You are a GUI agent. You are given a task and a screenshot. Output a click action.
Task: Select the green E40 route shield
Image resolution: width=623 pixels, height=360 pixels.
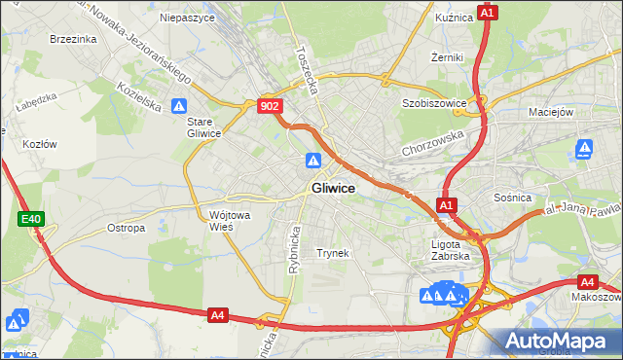tap(31, 220)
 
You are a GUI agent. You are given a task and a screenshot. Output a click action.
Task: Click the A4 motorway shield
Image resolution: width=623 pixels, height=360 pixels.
tap(218, 314)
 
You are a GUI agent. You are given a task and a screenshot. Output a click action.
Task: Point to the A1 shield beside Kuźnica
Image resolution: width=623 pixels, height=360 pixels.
tap(489, 13)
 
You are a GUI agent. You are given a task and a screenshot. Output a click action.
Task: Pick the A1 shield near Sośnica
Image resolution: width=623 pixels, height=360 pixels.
tap(446, 205)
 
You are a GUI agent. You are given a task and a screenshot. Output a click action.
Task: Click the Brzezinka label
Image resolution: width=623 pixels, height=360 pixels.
tap(73, 39)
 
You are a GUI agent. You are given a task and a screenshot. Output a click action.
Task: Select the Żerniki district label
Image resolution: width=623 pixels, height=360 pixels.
tap(447, 57)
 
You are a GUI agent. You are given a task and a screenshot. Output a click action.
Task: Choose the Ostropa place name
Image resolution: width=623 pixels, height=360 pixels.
tap(126, 228)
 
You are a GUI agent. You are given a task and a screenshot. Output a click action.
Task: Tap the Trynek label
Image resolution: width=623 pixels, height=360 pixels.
tap(332, 253)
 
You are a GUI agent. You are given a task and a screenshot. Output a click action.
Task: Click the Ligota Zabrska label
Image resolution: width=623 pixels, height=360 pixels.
tap(451, 250)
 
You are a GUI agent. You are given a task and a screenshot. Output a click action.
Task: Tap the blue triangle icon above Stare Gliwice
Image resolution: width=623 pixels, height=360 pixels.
tap(178, 105)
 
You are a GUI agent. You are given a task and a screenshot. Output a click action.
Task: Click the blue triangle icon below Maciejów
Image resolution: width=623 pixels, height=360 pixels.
tap(584, 149)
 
